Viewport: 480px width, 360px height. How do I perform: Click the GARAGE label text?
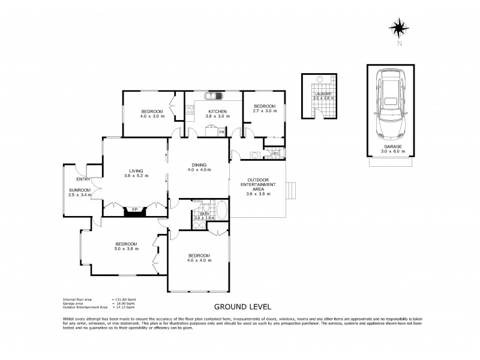[x=389, y=146]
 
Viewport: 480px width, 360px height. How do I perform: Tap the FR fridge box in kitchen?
[x=221, y=131]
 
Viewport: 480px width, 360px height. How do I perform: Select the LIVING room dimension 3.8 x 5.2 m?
[x=136, y=175]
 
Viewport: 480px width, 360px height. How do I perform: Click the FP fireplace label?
[x=136, y=210]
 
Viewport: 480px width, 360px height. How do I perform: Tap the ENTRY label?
[x=83, y=179]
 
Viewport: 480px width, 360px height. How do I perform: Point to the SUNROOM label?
[x=79, y=190]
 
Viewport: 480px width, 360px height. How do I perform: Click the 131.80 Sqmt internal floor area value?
[x=124, y=299]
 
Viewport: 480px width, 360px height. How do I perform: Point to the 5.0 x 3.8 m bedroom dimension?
[x=127, y=248]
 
